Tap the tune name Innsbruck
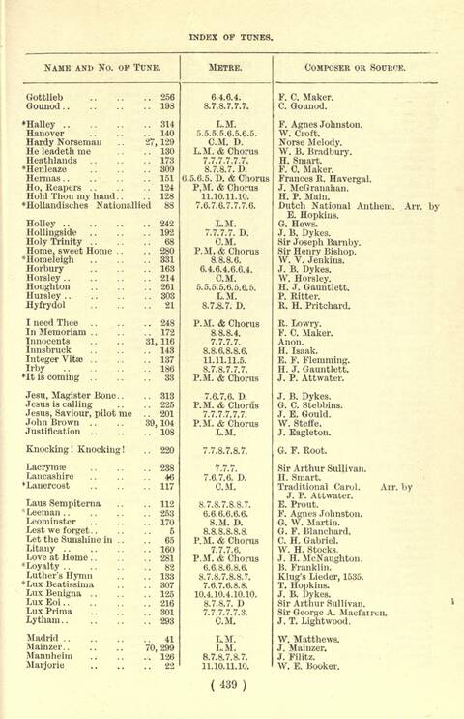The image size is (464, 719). pyautogui.click(x=49, y=350)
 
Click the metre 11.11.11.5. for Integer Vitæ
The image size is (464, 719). pyautogui.click(x=223, y=359)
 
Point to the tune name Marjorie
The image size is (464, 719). pyautogui.click(x=46, y=666)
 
